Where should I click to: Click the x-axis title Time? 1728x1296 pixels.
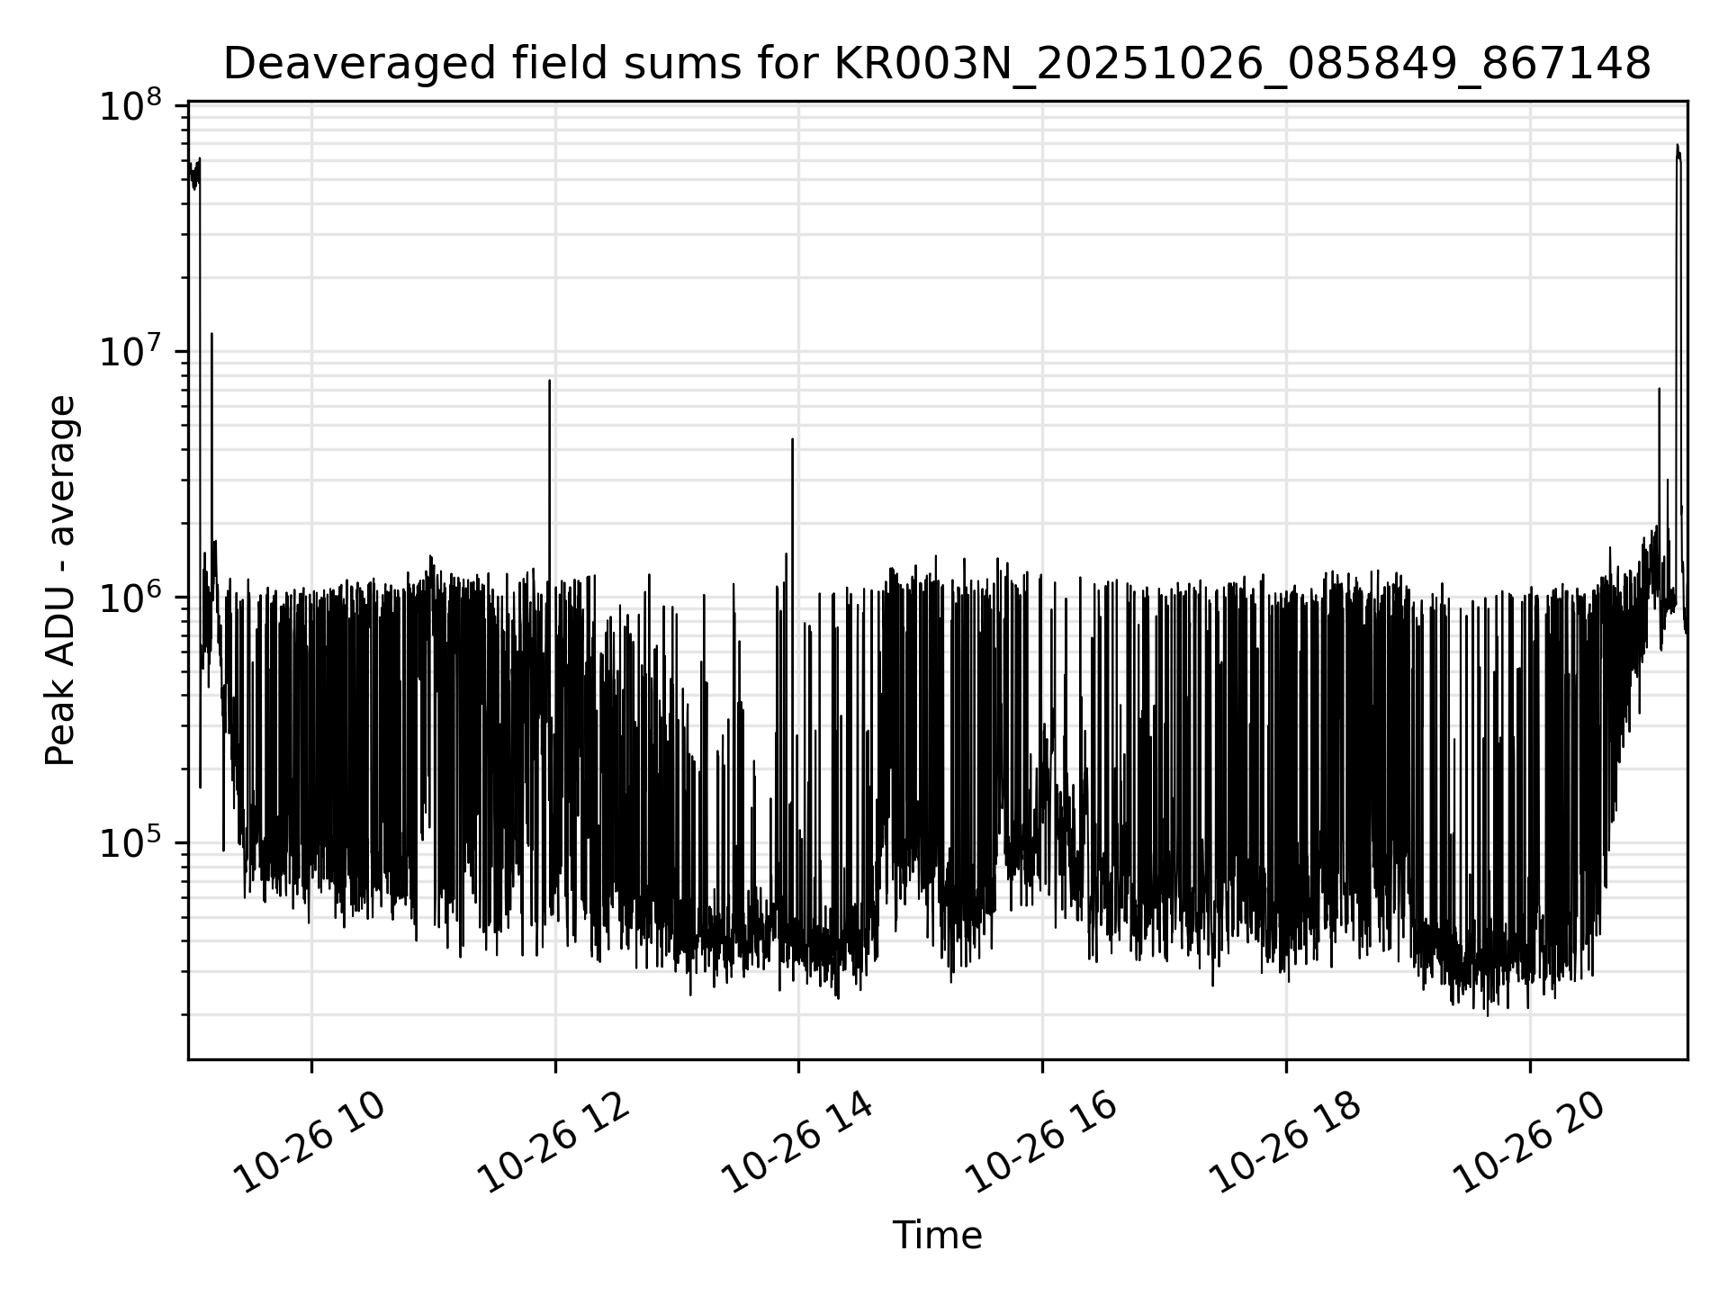pyautogui.click(x=937, y=1236)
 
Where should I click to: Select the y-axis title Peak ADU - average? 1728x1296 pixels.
pyautogui.click(x=60, y=580)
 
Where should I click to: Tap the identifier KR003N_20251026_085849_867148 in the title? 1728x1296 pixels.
pyautogui.click(x=1243, y=65)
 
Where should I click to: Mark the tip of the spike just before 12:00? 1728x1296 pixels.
pyautogui.click(x=550, y=381)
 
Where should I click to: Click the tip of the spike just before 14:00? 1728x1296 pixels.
pyautogui.click(x=792, y=439)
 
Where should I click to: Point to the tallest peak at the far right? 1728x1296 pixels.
pyautogui.click(x=1678, y=145)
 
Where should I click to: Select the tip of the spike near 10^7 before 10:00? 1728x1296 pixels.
pyautogui.click(x=211, y=334)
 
